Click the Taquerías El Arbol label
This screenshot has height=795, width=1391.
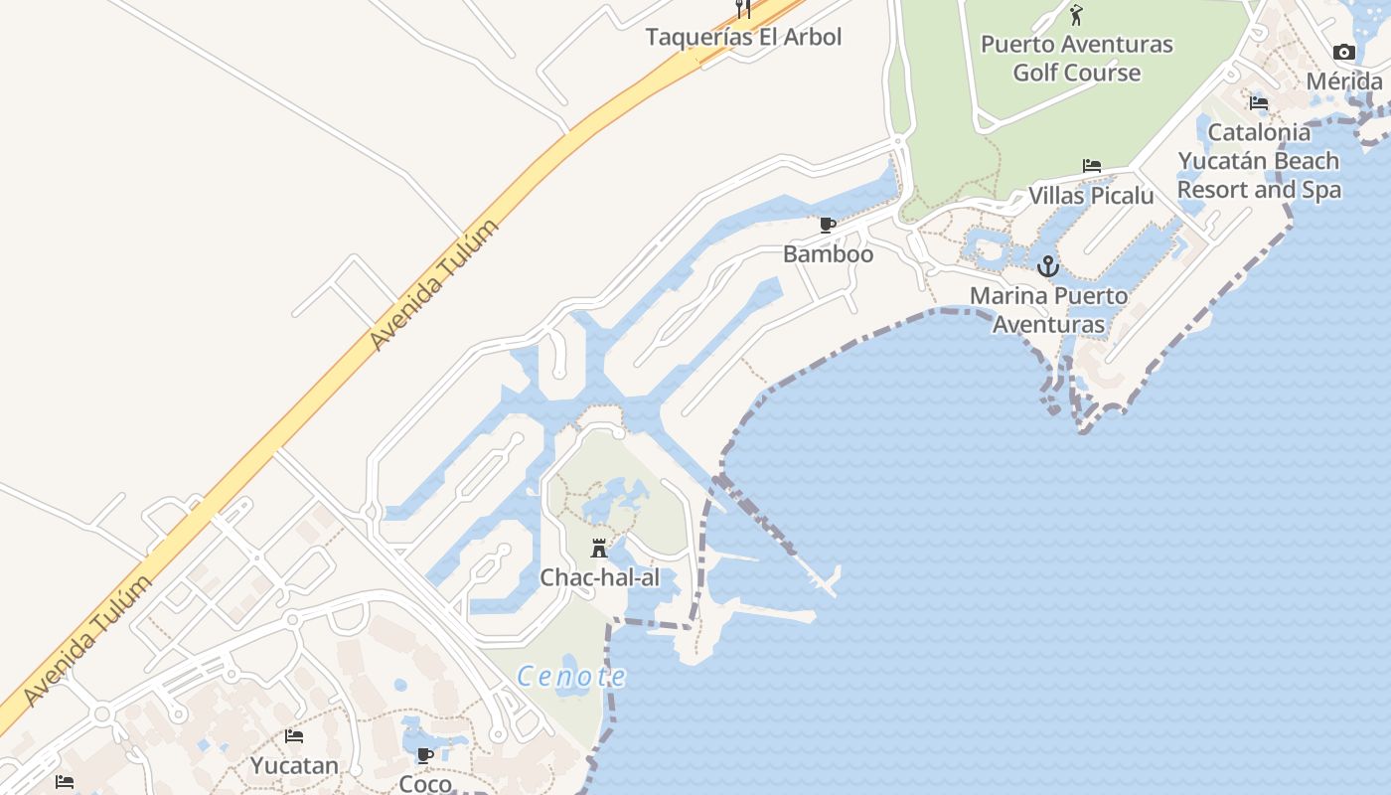pyautogui.click(x=743, y=38)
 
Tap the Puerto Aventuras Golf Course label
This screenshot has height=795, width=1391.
pyautogui.click(x=1076, y=58)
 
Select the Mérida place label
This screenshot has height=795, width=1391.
pyautogui.click(x=1343, y=80)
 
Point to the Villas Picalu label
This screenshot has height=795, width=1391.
pyautogui.click(x=1091, y=195)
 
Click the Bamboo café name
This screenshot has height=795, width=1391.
pyautogui.click(x=828, y=253)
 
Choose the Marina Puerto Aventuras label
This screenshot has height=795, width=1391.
pyautogui.click(x=1048, y=309)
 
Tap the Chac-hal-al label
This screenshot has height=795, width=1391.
pyautogui.click(x=599, y=577)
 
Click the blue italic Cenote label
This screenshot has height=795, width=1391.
pyautogui.click(x=571, y=677)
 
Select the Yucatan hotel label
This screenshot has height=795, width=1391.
pyautogui.click(x=294, y=765)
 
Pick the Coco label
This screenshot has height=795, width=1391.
pyautogui.click(x=425, y=783)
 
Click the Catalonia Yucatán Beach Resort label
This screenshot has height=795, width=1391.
pyautogui.click(x=1259, y=160)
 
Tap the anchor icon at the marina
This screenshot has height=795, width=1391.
pyautogui.click(x=1047, y=266)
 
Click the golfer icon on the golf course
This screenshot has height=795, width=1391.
pyautogui.click(x=1076, y=15)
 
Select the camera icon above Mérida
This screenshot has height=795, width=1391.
pyautogui.click(x=1343, y=52)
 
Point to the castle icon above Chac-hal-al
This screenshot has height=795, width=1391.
pyautogui.click(x=599, y=549)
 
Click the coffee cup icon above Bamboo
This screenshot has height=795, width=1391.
pyautogui.click(x=827, y=226)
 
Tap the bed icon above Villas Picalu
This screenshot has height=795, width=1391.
pyautogui.click(x=1091, y=166)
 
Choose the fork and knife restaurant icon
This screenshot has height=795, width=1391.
pyautogui.click(x=742, y=9)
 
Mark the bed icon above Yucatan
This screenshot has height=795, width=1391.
pyautogui.click(x=294, y=736)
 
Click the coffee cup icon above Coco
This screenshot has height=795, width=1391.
pyautogui.click(x=425, y=755)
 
